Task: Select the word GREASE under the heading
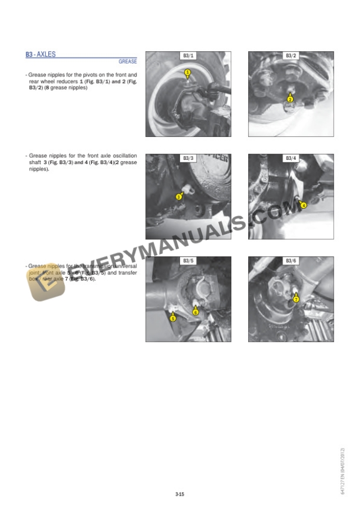coord(128,61)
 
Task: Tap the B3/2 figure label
coord(291,56)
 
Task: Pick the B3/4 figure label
coord(291,158)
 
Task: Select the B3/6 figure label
coord(291,260)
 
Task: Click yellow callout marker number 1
coord(187,73)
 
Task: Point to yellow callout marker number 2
coord(290,99)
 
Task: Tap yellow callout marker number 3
coord(178,197)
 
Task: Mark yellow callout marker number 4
coord(303,205)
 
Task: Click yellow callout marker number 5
coord(172,318)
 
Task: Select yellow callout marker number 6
coord(196,312)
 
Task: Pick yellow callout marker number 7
coord(296,299)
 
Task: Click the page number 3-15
coord(180,495)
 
